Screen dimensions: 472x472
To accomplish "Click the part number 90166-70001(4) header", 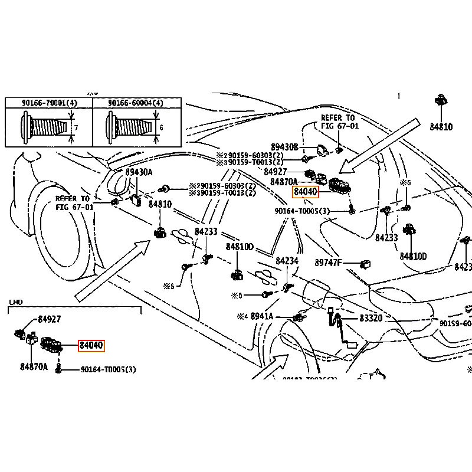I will (x=50, y=103).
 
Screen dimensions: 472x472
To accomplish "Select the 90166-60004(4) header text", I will (x=136, y=103).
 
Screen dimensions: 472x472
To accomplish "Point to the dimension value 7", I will (x=76, y=127).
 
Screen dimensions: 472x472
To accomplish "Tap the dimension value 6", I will (x=161, y=127).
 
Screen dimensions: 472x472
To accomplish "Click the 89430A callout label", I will (x=139, y=172).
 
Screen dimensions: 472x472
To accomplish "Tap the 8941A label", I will (x=262, y=317).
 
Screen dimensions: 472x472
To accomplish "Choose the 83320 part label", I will (x=371, y=318).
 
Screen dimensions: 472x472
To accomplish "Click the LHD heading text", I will (x=15, y=302).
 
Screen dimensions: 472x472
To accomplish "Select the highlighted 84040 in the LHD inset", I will (x=91, y=345).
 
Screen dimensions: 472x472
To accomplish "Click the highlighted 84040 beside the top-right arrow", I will (x=306, y=192).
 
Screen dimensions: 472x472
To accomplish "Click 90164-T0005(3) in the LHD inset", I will (x=108, y=370).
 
